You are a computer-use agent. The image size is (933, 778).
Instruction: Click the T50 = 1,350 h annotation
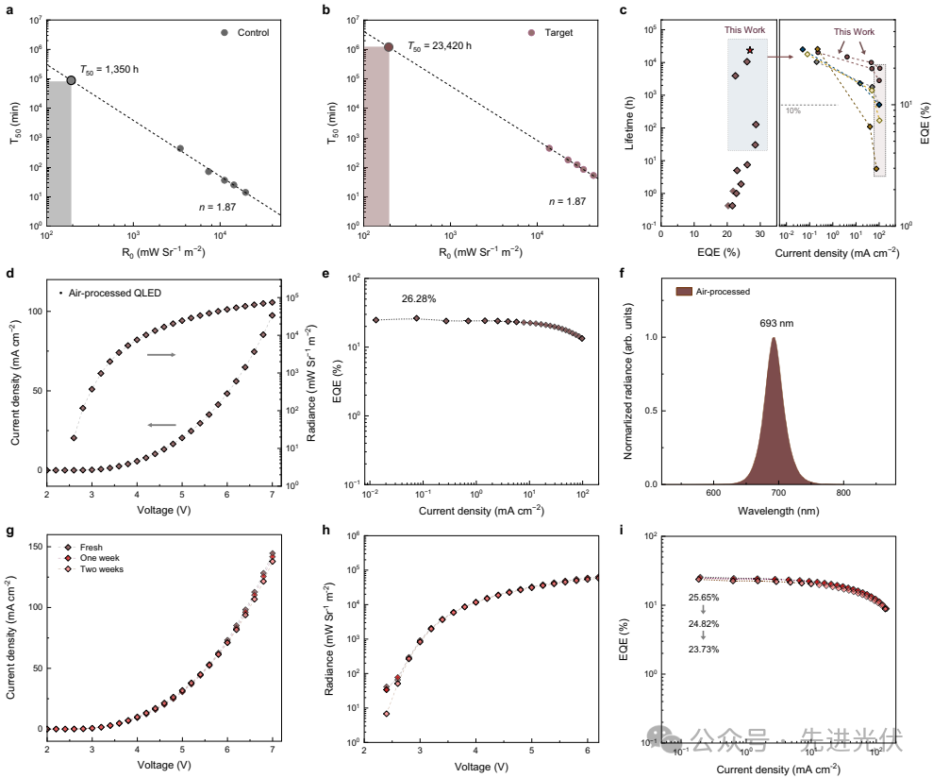point(111,70)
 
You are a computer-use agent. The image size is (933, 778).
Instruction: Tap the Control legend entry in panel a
point(245,33)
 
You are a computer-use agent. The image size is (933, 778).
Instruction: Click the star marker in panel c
point(749,50)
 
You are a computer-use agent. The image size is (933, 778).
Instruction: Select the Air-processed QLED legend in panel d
point(110,293)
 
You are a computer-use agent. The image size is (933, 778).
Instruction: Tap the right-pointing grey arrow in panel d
point(159,355)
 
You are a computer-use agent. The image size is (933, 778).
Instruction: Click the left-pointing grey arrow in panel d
point(162,425)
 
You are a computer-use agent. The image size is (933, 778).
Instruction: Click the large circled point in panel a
point(71,80)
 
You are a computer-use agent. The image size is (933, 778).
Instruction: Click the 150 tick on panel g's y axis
point(33,547)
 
